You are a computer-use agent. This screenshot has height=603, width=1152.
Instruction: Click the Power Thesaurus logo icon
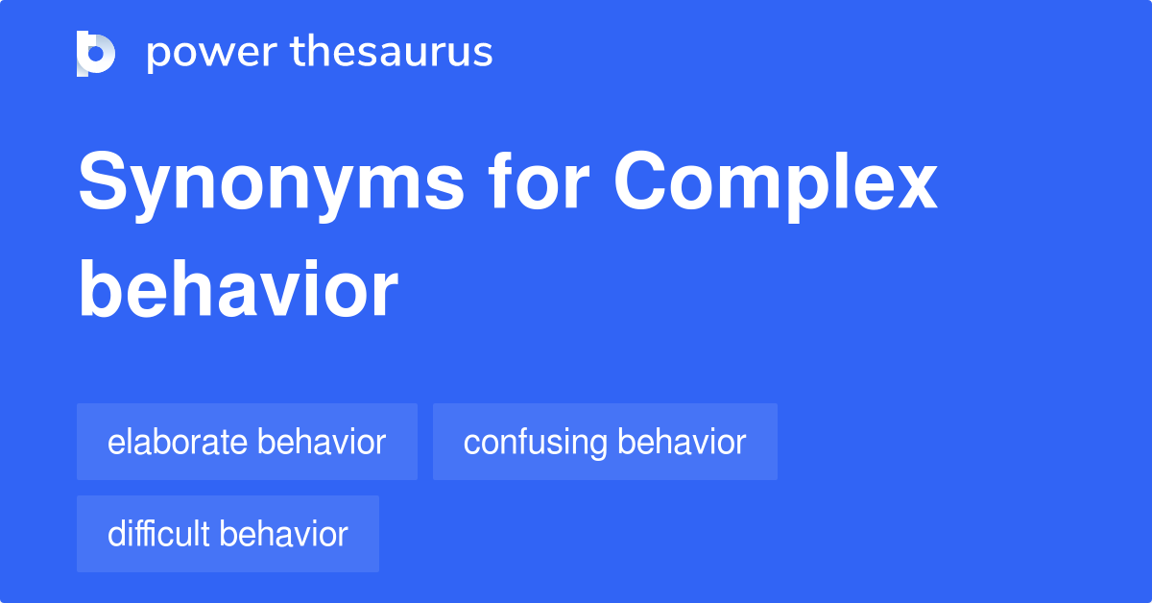pos(96,53)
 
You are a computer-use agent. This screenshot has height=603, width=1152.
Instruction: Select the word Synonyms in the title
pos(270,184)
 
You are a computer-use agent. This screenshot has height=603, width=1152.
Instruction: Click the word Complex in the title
pos(776,184)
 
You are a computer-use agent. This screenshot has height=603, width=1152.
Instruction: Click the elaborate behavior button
pos(247,442)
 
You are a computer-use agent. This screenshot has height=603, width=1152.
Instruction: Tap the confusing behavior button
pos(605,442)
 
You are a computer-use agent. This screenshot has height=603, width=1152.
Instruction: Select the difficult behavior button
pos(228,534)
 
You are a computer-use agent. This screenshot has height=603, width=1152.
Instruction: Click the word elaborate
pos(179,442)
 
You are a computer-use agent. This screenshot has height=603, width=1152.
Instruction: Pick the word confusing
pos(536,443)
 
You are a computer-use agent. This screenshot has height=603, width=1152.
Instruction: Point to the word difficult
pos(159,534)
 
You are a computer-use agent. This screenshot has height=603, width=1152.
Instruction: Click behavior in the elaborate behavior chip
pos(322,442)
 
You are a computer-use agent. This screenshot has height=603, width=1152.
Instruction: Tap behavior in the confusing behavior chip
pos(682,442)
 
